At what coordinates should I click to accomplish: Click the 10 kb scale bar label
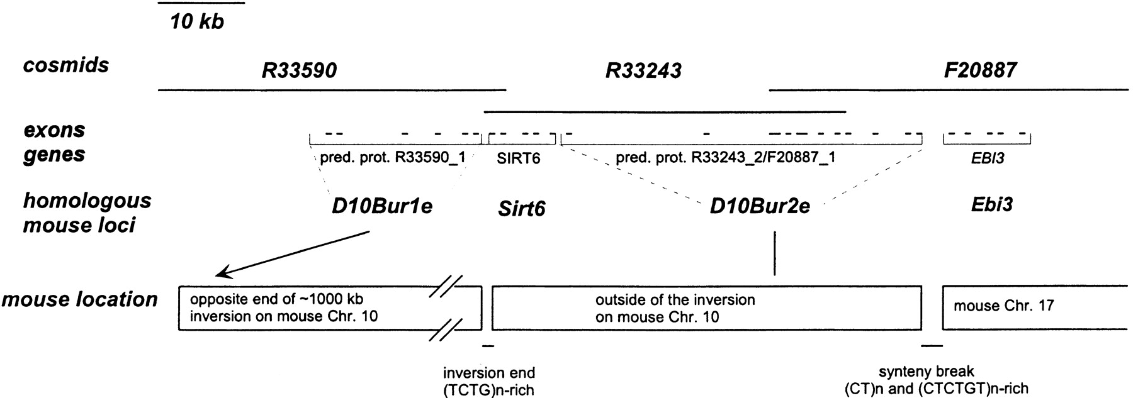tap(197, 23)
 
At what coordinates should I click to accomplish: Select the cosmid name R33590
tap(300, 70)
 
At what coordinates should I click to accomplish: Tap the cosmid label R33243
tap(643, 70)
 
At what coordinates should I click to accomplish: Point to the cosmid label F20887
tap(980, 70)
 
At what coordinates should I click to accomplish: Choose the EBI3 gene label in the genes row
tap(988, 159)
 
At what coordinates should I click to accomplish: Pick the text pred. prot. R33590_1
tap(392, 157)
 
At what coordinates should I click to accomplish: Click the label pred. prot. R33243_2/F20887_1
tap(725, 157)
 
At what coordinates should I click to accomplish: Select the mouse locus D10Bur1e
tap(382, 206)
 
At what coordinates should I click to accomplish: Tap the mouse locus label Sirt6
tap(521, 208)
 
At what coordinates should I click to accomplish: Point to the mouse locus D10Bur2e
tap(760, 206)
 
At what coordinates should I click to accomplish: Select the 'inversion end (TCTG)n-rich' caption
tap(489, 381)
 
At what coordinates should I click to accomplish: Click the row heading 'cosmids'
tap(66, 65)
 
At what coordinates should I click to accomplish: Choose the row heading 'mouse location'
tap(79, 299)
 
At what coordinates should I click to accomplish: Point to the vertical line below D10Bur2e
tap(775, 253)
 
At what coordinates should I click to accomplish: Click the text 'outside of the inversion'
tap(675, 300)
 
